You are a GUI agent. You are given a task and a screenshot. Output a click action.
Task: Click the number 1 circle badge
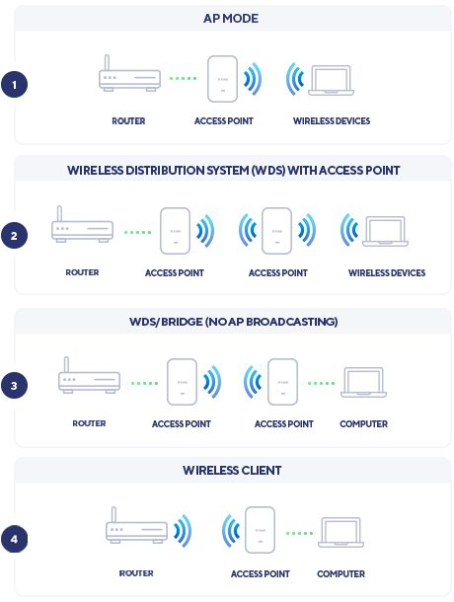[14, 84]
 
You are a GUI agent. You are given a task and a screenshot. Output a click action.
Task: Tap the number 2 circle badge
[14, 235]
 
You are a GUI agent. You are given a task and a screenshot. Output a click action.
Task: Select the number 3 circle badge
[14, 386]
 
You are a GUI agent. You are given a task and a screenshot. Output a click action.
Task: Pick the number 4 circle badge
[14, 539]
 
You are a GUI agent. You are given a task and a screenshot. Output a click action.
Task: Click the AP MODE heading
[231, 19]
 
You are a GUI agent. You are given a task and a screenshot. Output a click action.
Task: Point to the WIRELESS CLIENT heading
[232, 471]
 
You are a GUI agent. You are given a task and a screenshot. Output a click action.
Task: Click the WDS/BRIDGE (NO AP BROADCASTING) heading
[234, 322]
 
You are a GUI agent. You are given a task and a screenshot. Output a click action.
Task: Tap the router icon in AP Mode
[129, 73]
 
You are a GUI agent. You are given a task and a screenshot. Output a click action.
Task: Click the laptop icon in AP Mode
[331, 81]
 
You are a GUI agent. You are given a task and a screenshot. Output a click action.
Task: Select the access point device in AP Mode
[222, 79]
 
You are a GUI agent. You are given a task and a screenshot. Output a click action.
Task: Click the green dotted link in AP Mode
[184, 78]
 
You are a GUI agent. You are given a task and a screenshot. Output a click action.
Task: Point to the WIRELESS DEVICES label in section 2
[387, 273]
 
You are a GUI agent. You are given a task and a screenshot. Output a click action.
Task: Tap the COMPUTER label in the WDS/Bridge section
[364, 423]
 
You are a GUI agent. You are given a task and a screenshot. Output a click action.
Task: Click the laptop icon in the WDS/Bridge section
[364, 382]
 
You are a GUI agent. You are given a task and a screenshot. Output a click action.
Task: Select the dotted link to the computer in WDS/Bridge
[321, 383]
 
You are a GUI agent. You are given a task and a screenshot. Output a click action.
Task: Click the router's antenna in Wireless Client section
[113, 514]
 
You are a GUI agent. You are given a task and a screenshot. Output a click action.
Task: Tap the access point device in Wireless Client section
[260, 530]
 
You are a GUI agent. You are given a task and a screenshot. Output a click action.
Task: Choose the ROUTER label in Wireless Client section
[136, 573]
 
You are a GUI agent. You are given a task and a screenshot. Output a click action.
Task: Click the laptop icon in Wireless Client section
[341, 533]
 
